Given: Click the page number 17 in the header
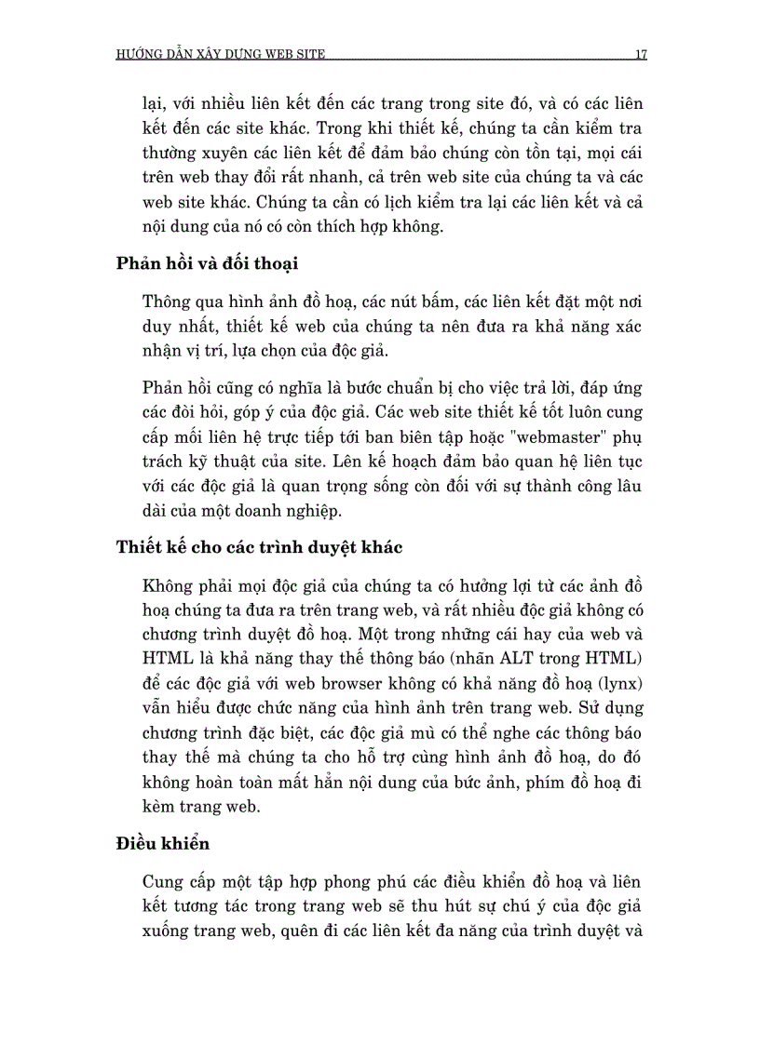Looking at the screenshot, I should [x=641, y=54].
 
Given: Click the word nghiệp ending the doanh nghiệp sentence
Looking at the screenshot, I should [x=317, y=510].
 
